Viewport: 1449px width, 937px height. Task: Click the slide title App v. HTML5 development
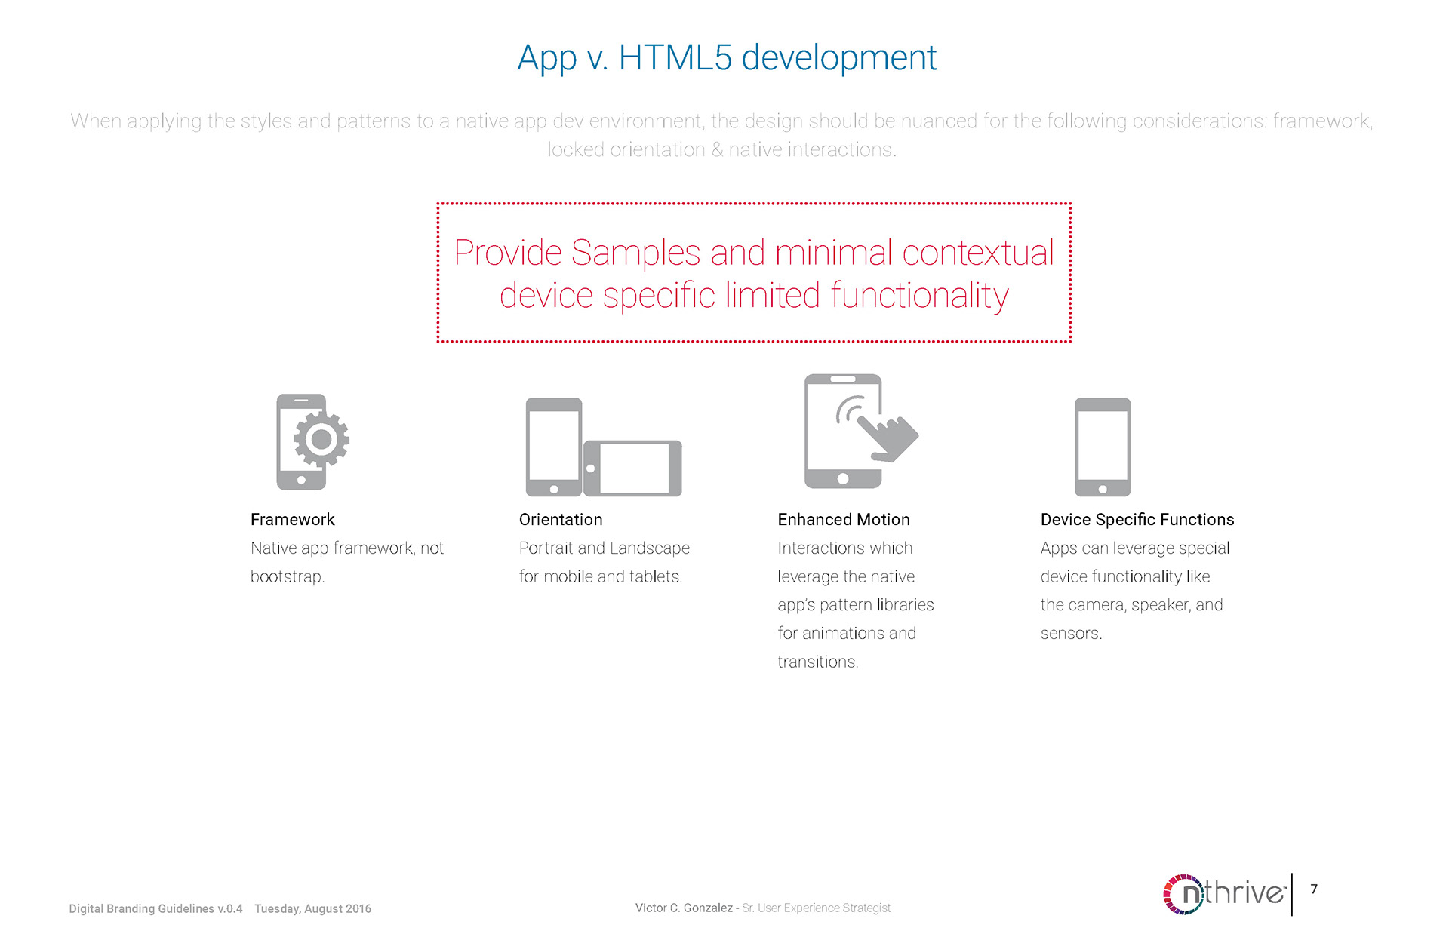[x=727, y=57]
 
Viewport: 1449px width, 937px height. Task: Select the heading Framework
[x=293, y=519]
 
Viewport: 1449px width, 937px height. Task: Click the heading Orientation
[x=561, y=519]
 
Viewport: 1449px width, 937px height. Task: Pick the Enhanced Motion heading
[x=844, y=519]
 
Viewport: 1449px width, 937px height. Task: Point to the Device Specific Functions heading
[x=1137, y=519]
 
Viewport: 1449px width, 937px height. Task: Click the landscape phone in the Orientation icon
[x=632, y=468]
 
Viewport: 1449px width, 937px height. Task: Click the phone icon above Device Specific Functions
[x=1103, y=447]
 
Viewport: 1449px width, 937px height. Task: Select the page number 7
[x=1314, y=889]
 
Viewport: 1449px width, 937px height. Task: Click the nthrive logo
[x=1224, y=894]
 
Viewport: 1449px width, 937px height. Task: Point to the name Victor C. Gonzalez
[x=684, y=908]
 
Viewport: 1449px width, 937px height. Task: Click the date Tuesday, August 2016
[x=312, y=908]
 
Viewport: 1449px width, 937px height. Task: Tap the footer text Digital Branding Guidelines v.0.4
[x=155, y=908]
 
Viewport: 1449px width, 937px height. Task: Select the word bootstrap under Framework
[x=286, y=576]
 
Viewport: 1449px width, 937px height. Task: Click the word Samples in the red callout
[x=636, y=253]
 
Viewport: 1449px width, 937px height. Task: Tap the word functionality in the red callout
[x=919, y=295]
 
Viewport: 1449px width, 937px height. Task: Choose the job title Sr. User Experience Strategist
[x=816, y=908]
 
